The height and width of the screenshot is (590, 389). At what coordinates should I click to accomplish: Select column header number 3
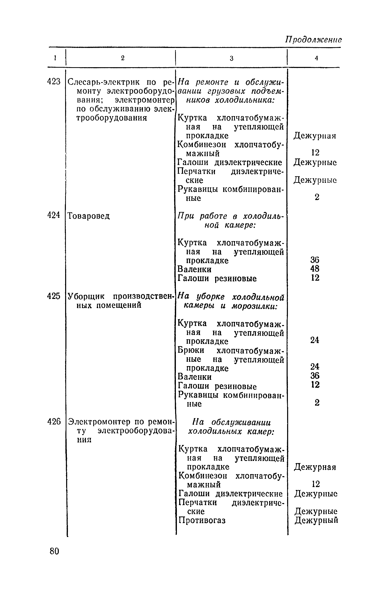[x=231, y=58]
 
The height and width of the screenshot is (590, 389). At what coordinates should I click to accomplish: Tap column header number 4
[x=316, y=58]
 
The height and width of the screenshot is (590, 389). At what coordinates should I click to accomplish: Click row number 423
[x=54, y=82]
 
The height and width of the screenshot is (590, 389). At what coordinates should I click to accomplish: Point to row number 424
[x=54, y=215]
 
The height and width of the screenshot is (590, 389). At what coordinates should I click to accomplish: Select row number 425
[x=54, y=296]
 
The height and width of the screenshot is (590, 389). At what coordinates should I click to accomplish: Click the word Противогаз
[x=202, y=521]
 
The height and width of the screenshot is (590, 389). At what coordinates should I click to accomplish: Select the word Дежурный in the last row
[x=317, y=521]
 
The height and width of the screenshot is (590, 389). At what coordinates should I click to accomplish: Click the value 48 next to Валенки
[x=315, y=269]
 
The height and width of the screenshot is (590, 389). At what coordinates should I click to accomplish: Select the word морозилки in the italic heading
[x=254, y=306]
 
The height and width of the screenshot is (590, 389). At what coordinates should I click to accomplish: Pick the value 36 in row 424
[x=315, y=260]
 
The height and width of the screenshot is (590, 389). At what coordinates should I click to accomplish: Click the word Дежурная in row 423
[x=315, y=136]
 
